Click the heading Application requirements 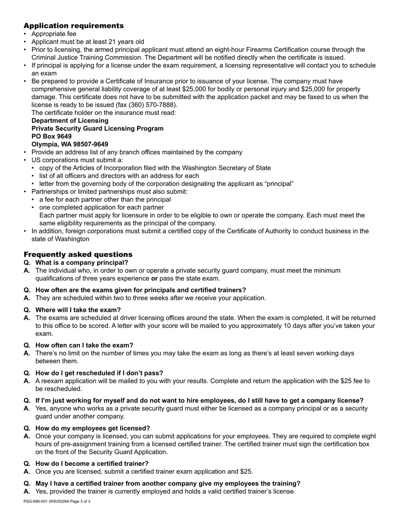tap(74, 26)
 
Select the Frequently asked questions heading tap(78, 255)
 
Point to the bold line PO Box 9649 tap(52, 136)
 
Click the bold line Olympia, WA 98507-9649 tap(70, 144)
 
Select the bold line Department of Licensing tap(70, 121)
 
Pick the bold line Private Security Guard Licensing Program tap(97, 128)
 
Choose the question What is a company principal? tap(82, 263)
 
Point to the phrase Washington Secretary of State tap(227, 168)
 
